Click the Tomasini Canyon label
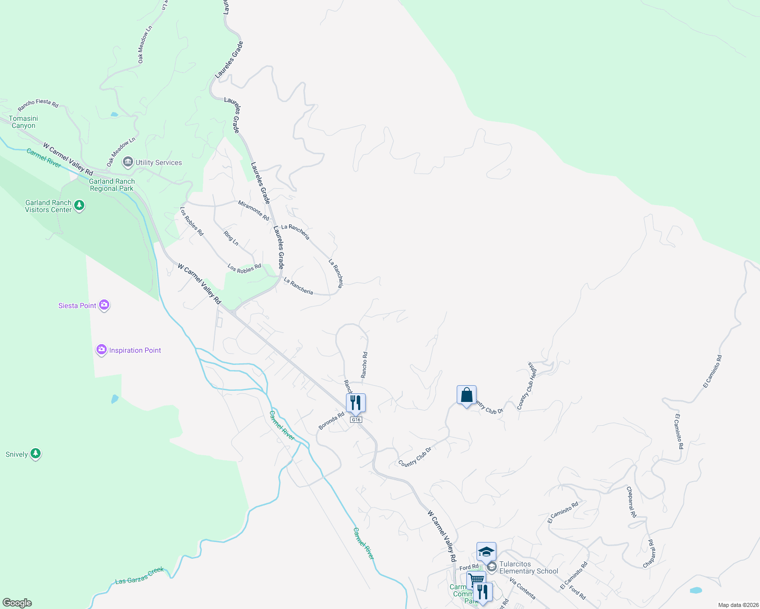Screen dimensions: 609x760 pyautogui.click(x=23, y=122)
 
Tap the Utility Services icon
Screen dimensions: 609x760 pyautogui.click(x=128, y=162)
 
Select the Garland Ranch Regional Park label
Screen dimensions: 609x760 pyautogui.click(x=112, y=185)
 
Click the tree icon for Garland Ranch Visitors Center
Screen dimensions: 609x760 pyautogui.click(x=79, y=206)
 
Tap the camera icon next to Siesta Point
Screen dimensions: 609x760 pyautogui.click(x=104, y=305)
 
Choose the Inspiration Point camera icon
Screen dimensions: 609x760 pyautogui.click(x=102, y=350)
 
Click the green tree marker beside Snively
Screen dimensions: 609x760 pyautogui.click(x=36, y=453)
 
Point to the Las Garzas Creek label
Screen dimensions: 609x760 pyautogui.click(x=139, y=576)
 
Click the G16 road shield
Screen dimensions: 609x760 pyautogui.click(x=356, y=420)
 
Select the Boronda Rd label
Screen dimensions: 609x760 pyautogui.click(x=331, y=421)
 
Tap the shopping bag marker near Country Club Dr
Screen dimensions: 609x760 pyautogui.click(x=466, y=395)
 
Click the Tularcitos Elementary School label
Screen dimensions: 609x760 pyautogui.click(x=528, y=567)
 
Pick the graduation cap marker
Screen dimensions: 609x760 pyautogui.click(x=486, y=552)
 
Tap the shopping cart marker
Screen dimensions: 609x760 pyautogui.click(x=476, y=580)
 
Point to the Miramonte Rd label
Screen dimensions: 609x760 pyautogui.click(x=254, y=210)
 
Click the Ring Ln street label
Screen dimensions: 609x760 pyautogui.click(x=231, y=238)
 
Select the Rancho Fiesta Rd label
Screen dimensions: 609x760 pyautogui.click(x=38, y=105)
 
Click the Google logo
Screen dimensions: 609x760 pyautogui.click(x=17, y=603)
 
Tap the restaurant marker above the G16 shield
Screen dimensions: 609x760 pyautogui.click(x=356, y=402)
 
